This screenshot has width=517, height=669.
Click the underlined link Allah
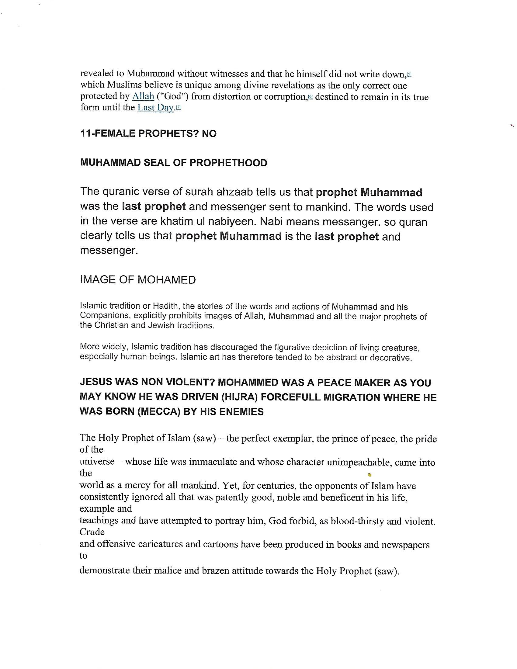coord(143,96)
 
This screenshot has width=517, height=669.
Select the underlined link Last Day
coord(156,108)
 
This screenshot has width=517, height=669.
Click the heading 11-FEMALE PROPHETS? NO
coord(148,133)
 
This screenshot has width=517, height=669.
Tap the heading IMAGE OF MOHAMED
coord(138,279)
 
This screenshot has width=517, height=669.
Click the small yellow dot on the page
coord(370,475)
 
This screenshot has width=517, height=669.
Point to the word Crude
coord(92,532)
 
